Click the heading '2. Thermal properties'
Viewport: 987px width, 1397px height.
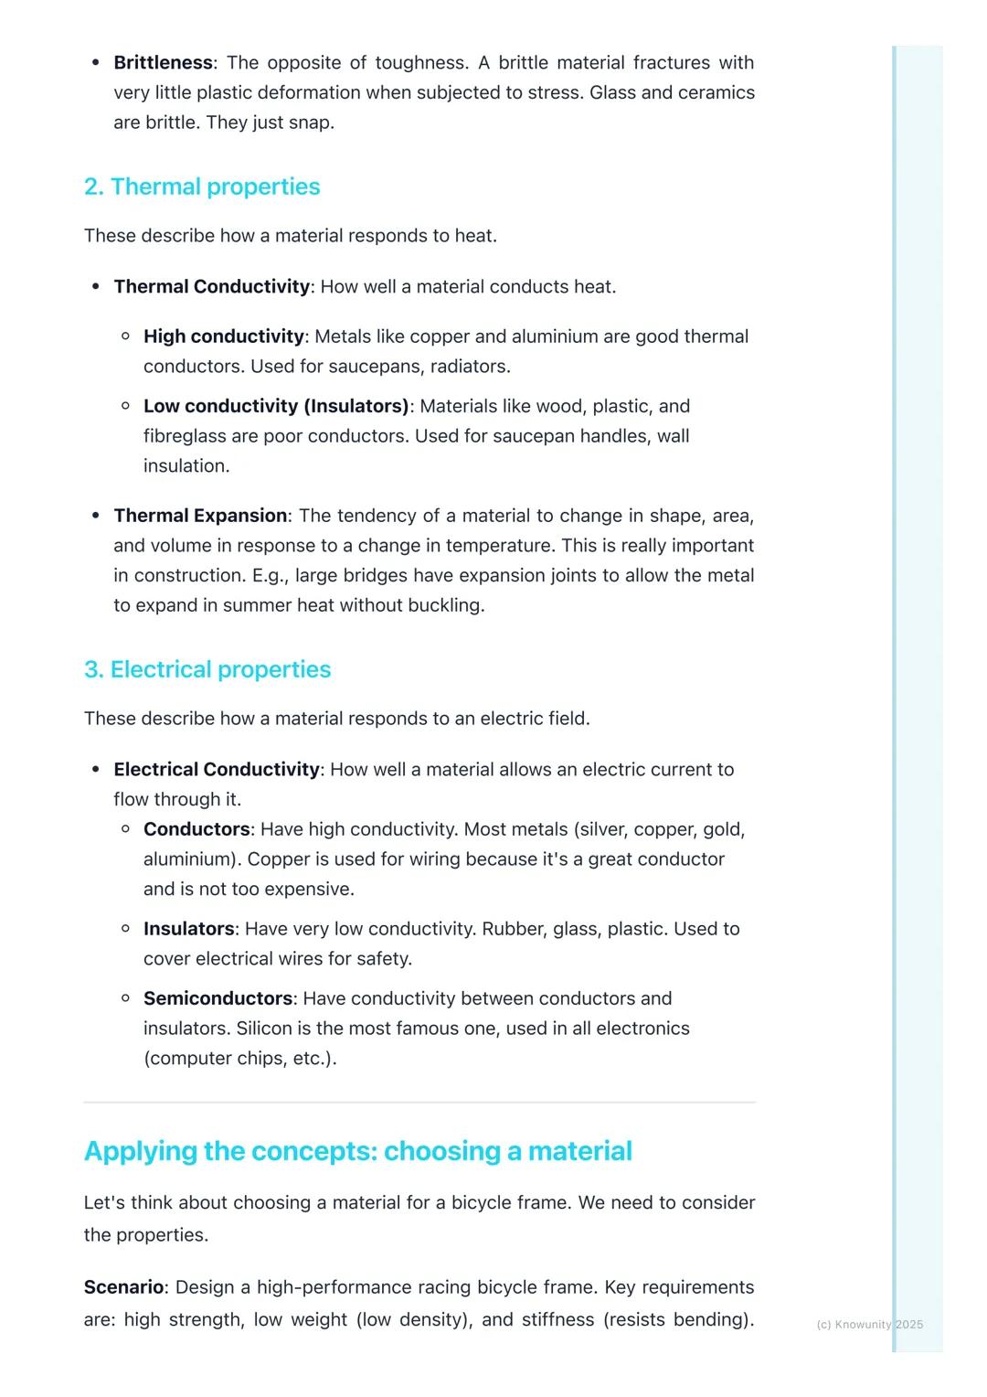(202, 187)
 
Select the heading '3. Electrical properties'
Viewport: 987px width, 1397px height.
(207, 669)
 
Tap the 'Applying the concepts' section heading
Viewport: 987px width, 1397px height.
(357, 1151)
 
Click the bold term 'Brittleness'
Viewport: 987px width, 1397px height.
(163, 63)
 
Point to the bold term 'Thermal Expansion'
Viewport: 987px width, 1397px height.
(200, 516)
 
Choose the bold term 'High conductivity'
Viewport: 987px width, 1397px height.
(223, 336)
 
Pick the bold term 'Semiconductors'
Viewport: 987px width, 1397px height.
(218, 998)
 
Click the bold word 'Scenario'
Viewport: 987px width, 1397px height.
(123, 1287)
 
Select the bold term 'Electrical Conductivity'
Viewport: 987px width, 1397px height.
(217, 770)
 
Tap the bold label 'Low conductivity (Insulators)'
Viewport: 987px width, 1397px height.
(276, 406)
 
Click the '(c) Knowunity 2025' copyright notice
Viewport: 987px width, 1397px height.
(869, 1324)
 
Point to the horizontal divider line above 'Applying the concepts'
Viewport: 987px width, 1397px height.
(419, 1103)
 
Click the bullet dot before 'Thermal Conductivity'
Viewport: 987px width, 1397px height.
(96, 287)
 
